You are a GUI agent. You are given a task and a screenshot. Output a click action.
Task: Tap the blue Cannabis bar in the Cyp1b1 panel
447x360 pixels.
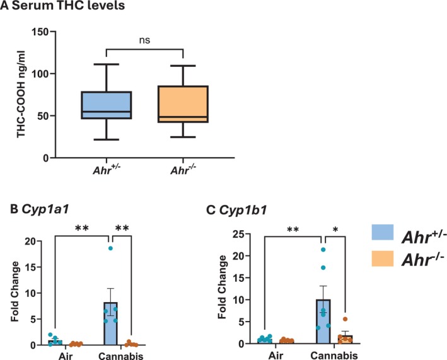[323, 318]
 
